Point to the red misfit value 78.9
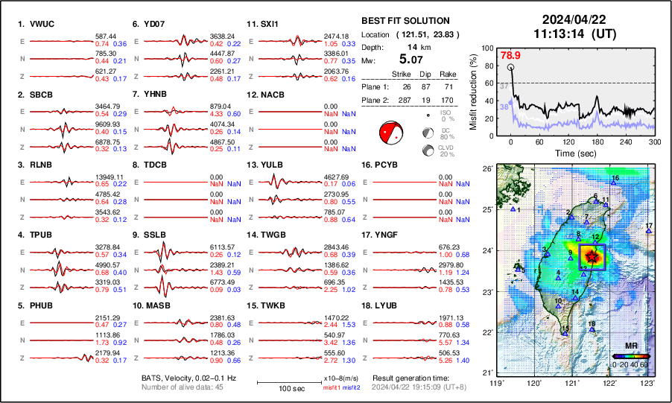point(510,55)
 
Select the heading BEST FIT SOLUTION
point(405,21)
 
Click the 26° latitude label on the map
point(487,169)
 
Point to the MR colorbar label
point(630,346)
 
